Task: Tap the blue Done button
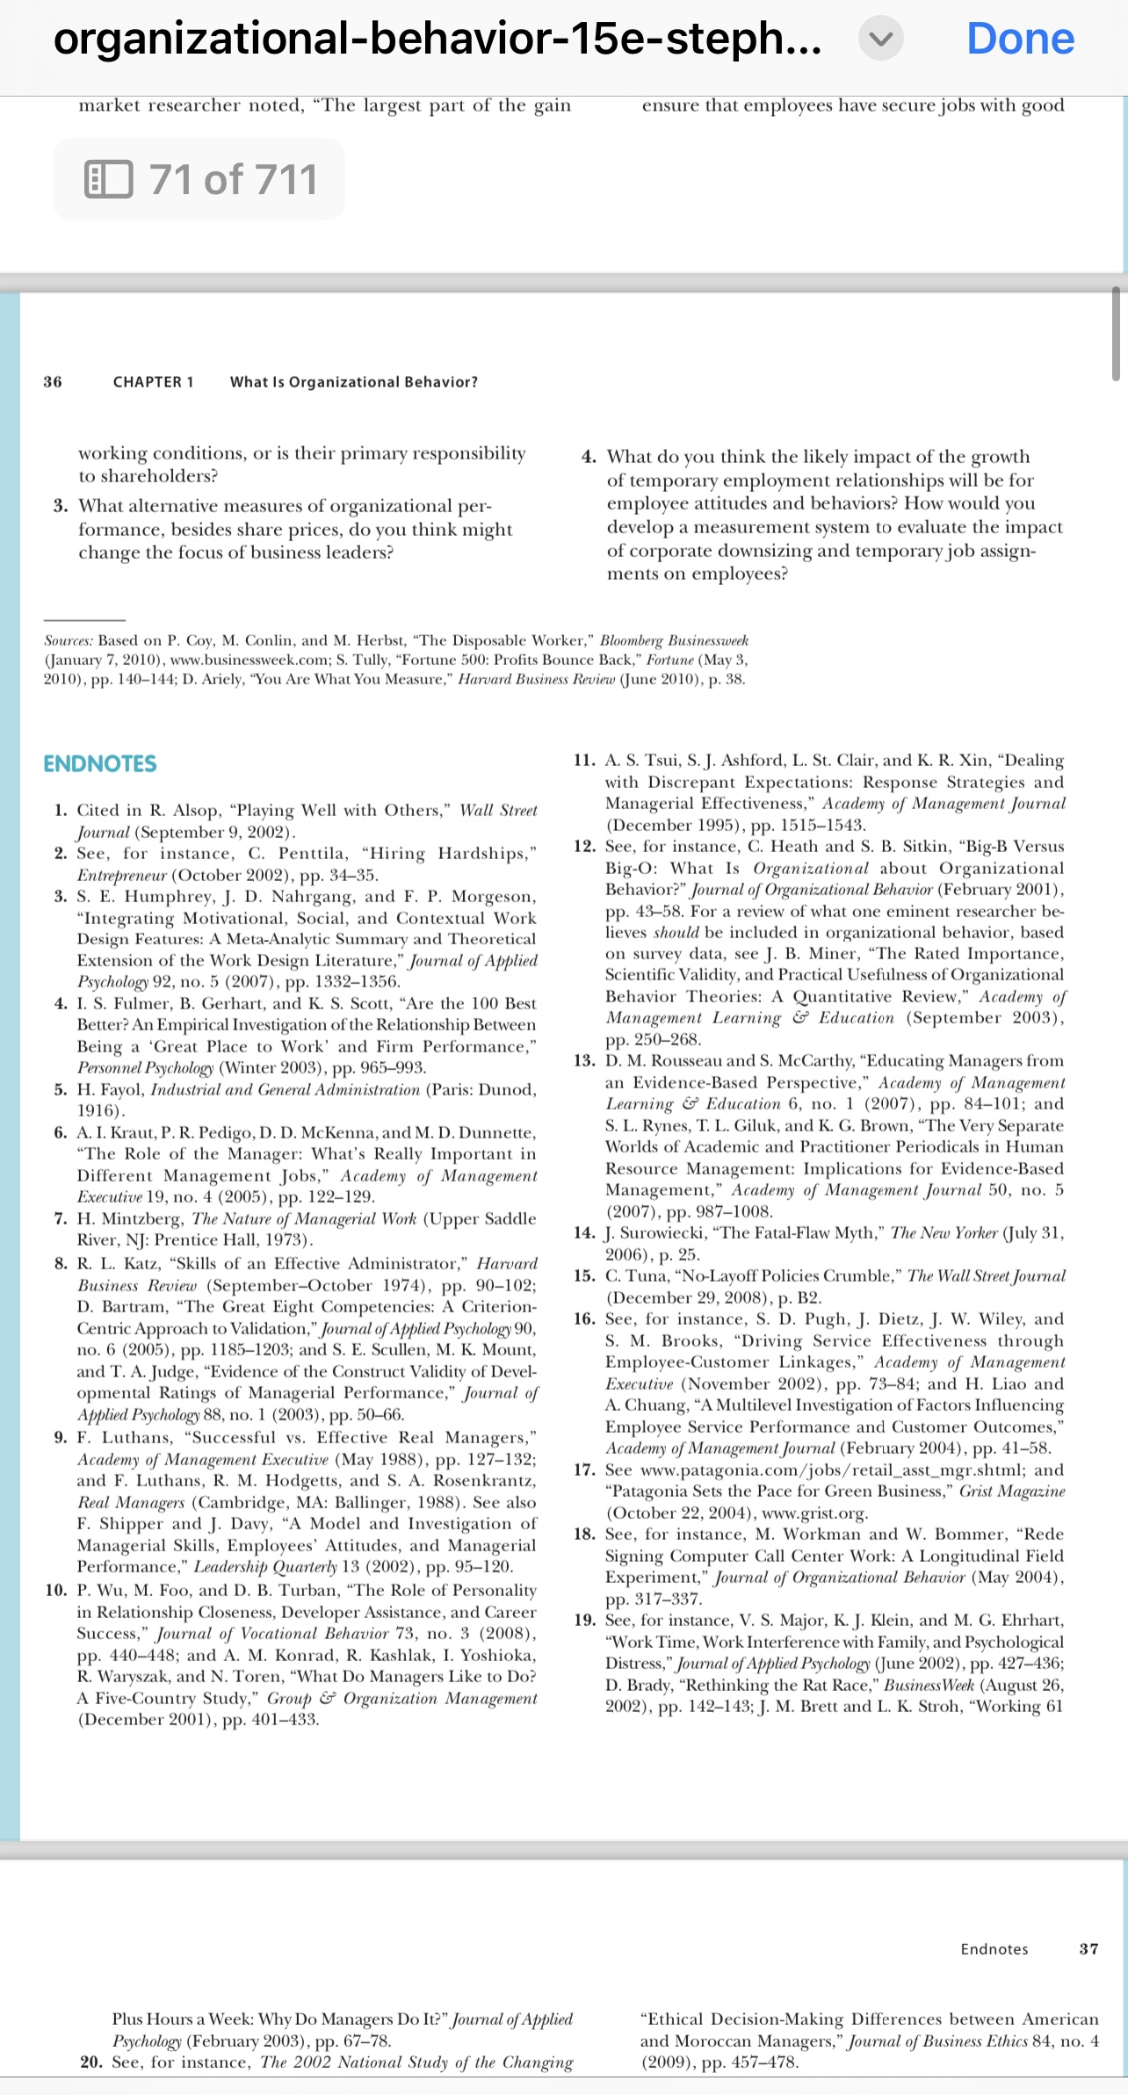pyautogui.click(x=1020, y=39)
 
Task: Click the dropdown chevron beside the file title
pyautogui.click(x=880, y=40)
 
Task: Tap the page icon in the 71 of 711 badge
pyautogui.click(x=108, y=180)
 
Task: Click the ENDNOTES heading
pyautogui.click(x=100, y=763)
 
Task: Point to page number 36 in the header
pyautogui.click(x=53, y=382)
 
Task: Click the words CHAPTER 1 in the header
pyautogui.click(x=153, y=382)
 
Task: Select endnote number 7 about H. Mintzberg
pyautogui.click(x=61, y=1218)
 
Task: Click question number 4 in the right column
pyautogui.click(x=589, y=457)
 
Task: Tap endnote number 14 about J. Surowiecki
pyautogui.click(x=584, y=1232)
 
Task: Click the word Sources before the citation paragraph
pyautogui.click(x=68, y=641)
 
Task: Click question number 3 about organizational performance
pyautogui.click(x=61, y=506)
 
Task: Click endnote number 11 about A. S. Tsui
pyautogui.click(x=584, y=761)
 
